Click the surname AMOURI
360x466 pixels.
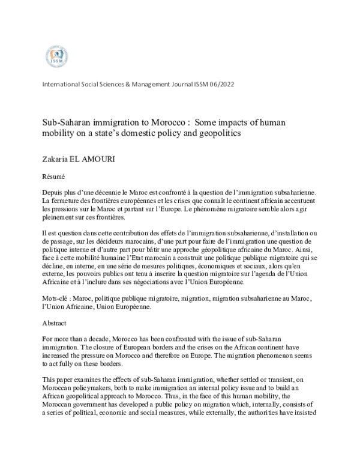point(106,159)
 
